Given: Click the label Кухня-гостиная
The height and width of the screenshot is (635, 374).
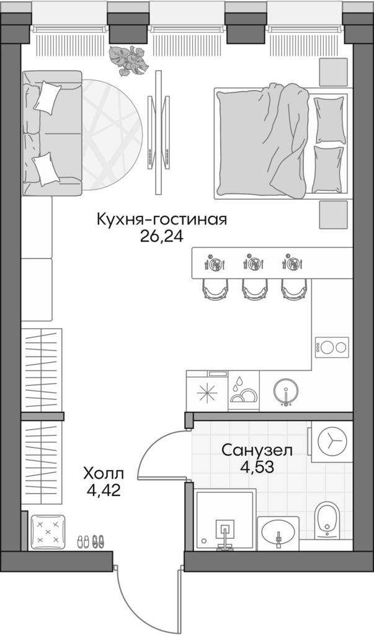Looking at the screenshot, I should (x=162, y=220).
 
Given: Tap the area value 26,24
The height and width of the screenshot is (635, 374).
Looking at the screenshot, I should (x=162, y=237).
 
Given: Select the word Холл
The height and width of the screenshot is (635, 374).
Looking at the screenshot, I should (x=104, y=474).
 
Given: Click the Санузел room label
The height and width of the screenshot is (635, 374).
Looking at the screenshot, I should (x=257, y=450).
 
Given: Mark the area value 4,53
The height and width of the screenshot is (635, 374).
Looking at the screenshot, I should (x=257, y=466).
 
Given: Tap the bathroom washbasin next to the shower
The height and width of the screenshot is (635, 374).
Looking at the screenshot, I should (x=278, y=533).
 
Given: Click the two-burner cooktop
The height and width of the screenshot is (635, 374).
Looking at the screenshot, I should (x=332, y=346).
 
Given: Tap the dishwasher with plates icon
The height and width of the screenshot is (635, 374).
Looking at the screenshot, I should (x=244, y=391).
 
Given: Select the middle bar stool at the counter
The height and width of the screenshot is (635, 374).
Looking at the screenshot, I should (x=253, y=288).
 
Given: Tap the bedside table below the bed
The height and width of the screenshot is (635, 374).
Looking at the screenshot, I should (x=332, y=215).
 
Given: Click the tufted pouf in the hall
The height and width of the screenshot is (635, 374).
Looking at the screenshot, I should (x=47, y=531).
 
